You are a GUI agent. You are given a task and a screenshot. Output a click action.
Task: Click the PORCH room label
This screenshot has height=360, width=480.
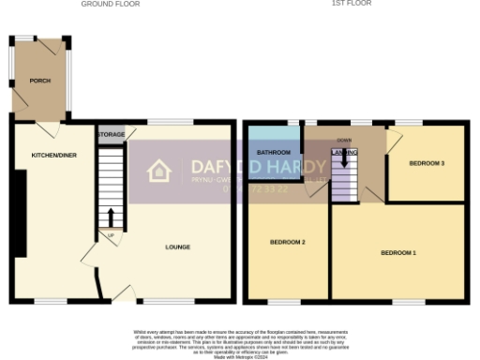pyautogui.click(x=38, y=82)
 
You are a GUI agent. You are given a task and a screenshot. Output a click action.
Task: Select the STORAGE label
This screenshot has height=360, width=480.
pyautogui.click(x=111, y=134)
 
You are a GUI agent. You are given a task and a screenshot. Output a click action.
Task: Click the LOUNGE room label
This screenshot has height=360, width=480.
pyautogui.click(x=178, y=247)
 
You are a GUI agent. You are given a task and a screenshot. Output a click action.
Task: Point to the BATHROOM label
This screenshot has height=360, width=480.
pyautogui.click(x=274, y=152)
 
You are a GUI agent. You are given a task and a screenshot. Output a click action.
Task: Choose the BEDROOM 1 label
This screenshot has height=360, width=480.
pyautogui.click(x=398, y=253)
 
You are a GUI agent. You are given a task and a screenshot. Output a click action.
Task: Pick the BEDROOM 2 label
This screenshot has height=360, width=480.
pyautogui.click(x=288, y=242)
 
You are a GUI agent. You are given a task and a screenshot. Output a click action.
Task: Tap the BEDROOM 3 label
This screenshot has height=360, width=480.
pyautogui.click(x=427, y=163)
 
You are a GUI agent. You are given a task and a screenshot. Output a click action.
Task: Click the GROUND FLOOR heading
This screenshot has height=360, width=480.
pyautogui.click(x=111, y=4)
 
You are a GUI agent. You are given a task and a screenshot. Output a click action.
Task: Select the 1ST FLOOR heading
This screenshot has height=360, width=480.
pyautogui.click(x=352, y=4)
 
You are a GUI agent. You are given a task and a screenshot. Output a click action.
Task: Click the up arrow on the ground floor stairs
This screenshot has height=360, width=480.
pyautogui.click(x=111, y=216)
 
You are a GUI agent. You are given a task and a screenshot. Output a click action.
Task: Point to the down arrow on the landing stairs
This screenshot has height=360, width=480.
pyautogui.click(x=344, y=159)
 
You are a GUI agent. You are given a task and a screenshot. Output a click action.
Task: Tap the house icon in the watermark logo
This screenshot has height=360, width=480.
pyautogui.click(x=159, y=171)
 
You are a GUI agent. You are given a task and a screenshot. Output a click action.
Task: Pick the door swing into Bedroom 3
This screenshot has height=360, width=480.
pyautogui.click(x=395, y=138)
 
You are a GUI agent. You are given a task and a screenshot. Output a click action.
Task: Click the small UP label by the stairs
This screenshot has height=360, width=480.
pyautogui.click(x=111, y=233)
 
